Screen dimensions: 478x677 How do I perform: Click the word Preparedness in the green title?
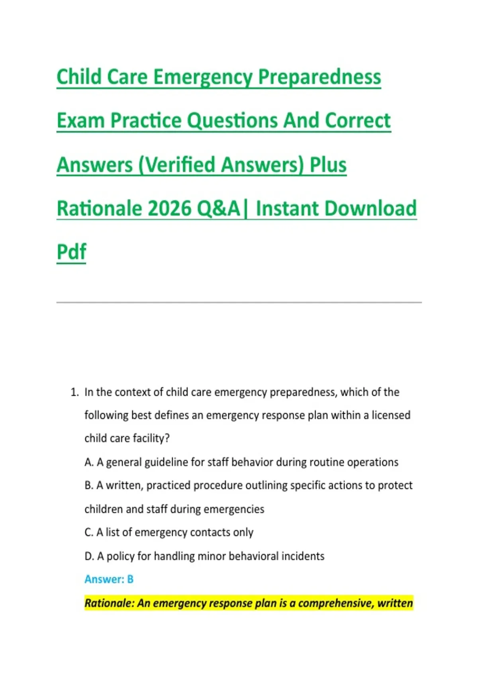click(x=319, y=77)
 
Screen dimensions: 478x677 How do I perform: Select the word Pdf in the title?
click(x=71, y=251)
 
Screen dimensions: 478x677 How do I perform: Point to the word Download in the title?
click(x=371, y=208)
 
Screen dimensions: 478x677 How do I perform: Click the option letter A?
click(x=89, y=462)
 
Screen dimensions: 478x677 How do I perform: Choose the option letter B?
click(x=89, y=485)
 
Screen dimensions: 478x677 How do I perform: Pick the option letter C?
click(x=88, y=532)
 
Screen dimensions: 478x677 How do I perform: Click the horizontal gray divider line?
click(x=239, y=302)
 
